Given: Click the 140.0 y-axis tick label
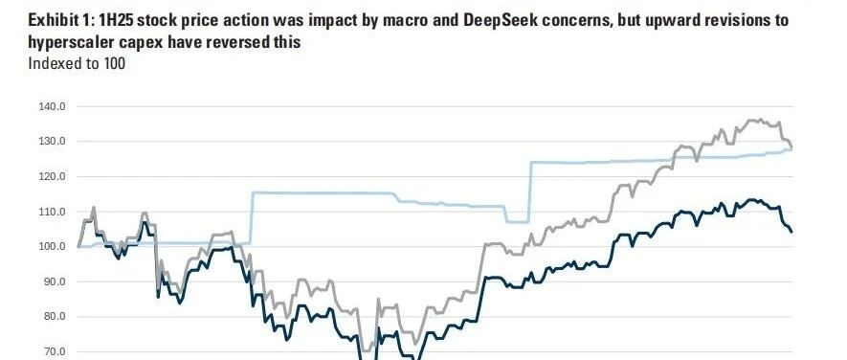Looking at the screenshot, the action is point(52,106).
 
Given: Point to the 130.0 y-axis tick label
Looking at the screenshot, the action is point(52,142).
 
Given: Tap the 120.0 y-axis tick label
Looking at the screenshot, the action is point(52,177).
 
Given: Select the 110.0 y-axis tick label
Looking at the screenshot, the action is point(52,212).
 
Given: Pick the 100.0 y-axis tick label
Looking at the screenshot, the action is point(52,247).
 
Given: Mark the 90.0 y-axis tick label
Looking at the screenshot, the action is point(54,282).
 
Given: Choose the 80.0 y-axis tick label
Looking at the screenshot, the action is point(54,317).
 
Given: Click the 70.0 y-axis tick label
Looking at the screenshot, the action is point(54,352).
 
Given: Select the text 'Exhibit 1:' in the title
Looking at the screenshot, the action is point(60,21).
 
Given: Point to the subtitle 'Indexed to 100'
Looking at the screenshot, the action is point(77,64).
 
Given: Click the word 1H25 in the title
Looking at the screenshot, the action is point(115,21).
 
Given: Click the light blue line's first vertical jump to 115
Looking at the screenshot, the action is point(252,217).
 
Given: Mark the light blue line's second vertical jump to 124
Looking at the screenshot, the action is point(530,191).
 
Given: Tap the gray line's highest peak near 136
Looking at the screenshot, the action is point(760,120).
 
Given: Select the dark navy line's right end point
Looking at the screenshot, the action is point(791,232).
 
